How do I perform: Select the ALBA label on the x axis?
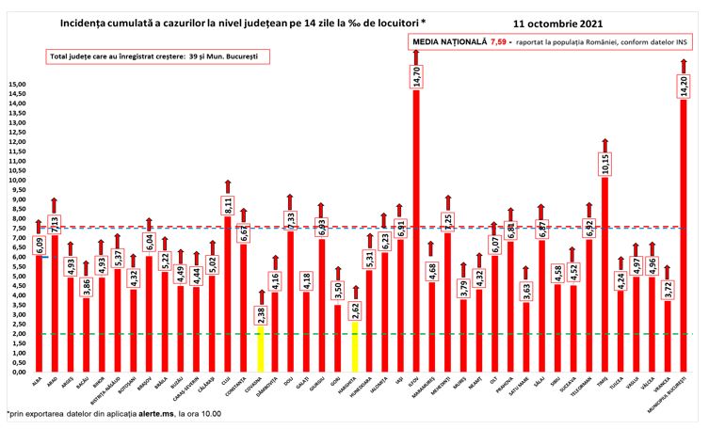pyautogui.click(x=38, y=383)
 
